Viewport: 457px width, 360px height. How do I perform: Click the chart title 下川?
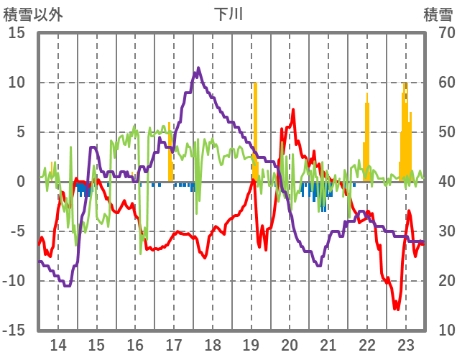(x=228, y=14)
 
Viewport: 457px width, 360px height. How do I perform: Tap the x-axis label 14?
(x=58, y=343)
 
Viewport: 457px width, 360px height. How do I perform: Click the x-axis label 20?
(x=290, y=343)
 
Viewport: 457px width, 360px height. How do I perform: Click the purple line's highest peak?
(x=198, y=68)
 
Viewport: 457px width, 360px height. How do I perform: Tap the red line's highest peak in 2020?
(x=293, y=110)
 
